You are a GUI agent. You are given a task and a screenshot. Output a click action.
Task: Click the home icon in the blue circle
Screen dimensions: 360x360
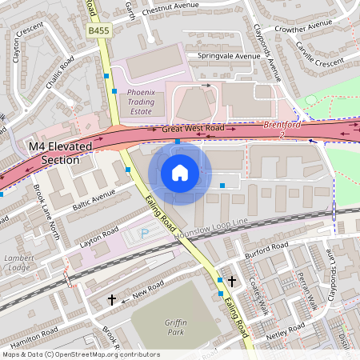pos(180,173)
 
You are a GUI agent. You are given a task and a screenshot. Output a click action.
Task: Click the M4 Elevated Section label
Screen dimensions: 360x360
pos(54,154)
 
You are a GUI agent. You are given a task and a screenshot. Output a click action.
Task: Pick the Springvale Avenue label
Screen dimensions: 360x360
pos(223,57)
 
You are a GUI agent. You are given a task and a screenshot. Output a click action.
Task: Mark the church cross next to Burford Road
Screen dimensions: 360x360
pos(232,282)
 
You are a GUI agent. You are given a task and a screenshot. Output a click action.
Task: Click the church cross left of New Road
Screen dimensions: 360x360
pos(112,299)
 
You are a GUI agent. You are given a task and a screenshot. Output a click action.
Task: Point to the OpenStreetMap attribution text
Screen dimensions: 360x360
pos(81,354)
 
